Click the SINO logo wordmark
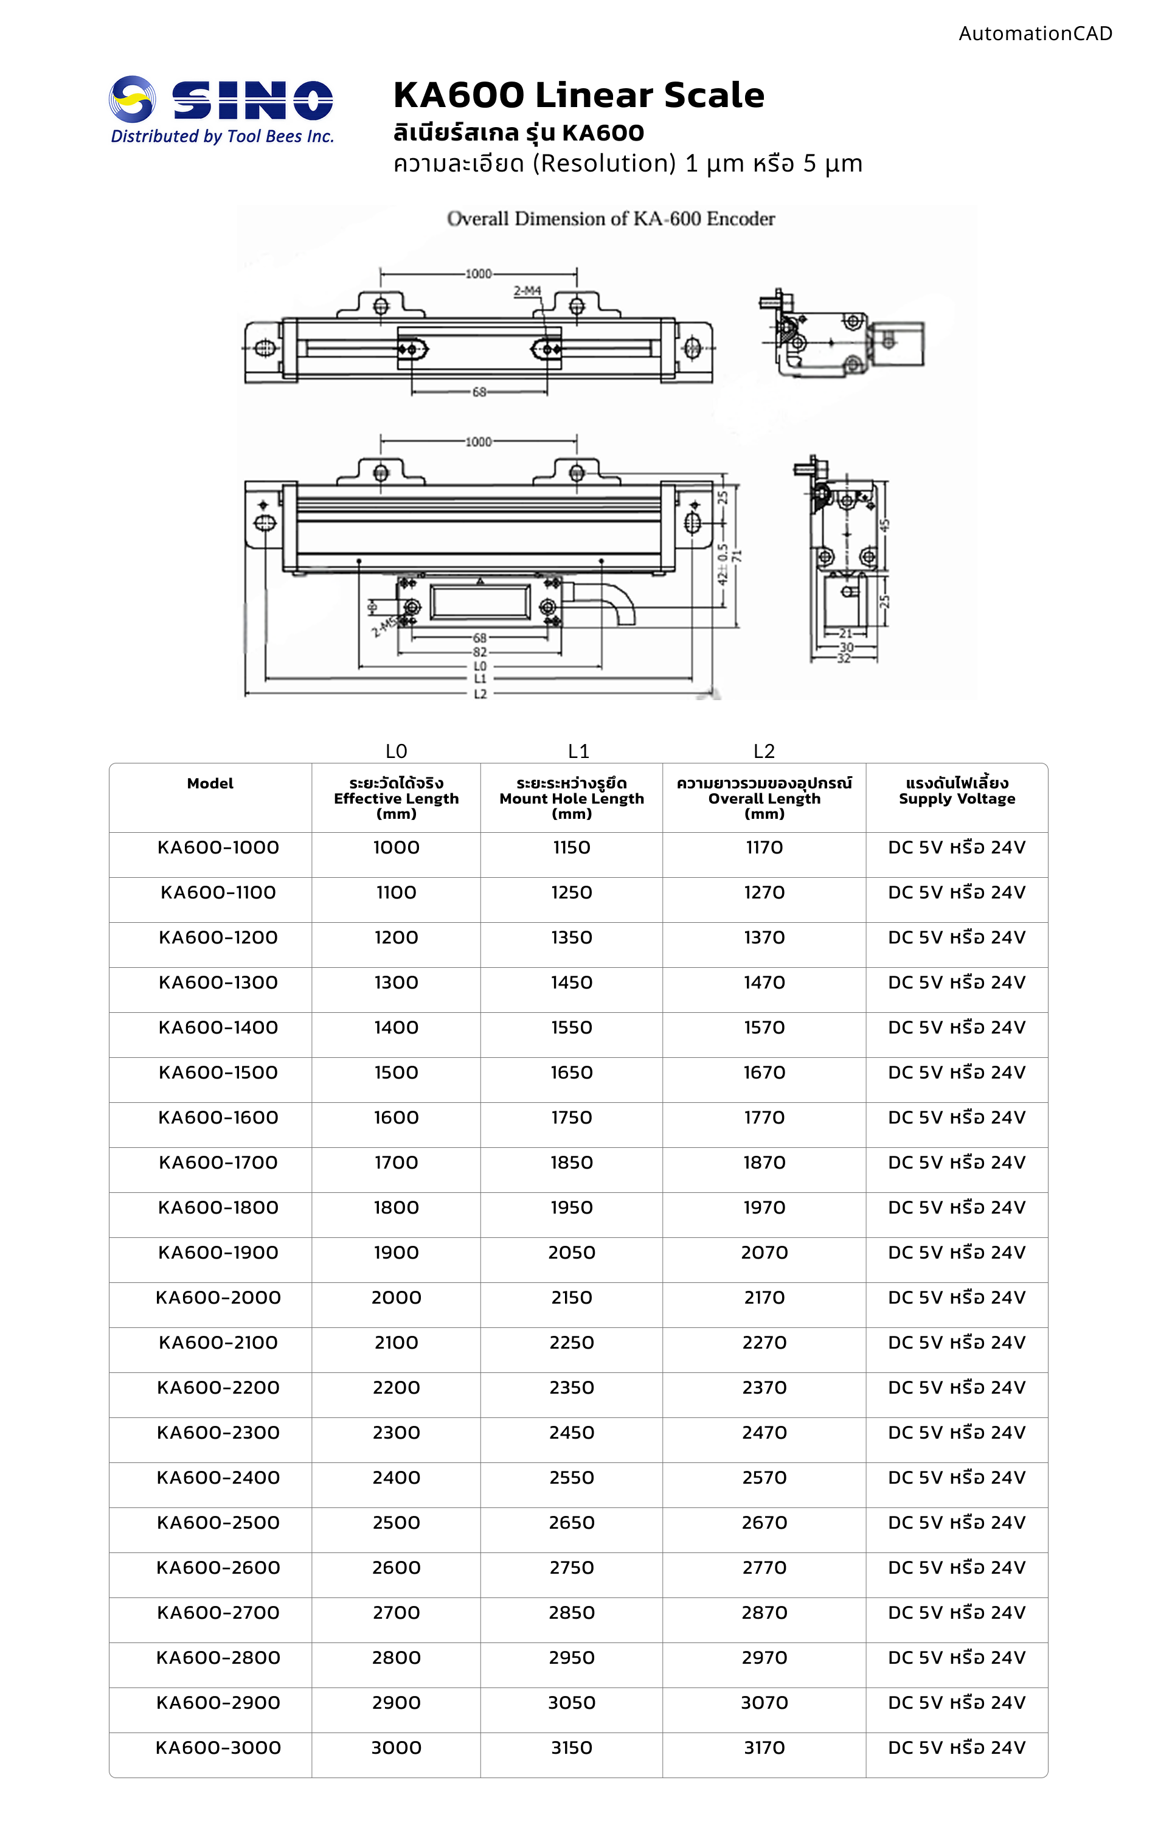tap(252, 101)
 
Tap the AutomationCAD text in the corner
tap(1035, 33)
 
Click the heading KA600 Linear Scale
tap(578, 96)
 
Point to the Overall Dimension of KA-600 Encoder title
tap(611, 219)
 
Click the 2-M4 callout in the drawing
tap(527, 291)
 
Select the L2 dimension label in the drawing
tap(480, 694)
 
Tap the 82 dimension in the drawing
tap(480, 652)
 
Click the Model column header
tap(210, 784)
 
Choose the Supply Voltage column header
tap(957, 791)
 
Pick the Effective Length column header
tap(396, 798)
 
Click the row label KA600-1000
tap(218, 847)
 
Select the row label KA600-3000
tap(218, 1748)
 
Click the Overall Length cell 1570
tap(764, 1027)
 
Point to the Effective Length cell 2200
tap(396, 1388)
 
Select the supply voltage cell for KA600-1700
tap(956, 1163)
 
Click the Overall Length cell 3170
tap(764, 1748)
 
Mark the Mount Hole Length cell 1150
tap(571, 847)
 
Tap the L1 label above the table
tap(578, 751)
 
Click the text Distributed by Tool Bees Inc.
tap(223, 137)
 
